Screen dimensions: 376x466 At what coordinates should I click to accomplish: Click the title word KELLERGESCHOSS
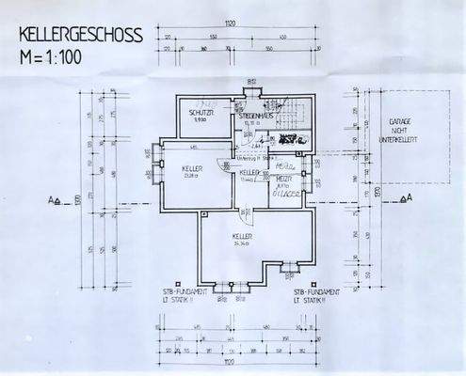click(x=80, y=37)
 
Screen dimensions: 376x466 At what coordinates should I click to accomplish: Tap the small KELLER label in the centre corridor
click(x=249, y=174)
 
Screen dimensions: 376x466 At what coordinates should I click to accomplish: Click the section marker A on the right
click(x=405, y=198)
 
